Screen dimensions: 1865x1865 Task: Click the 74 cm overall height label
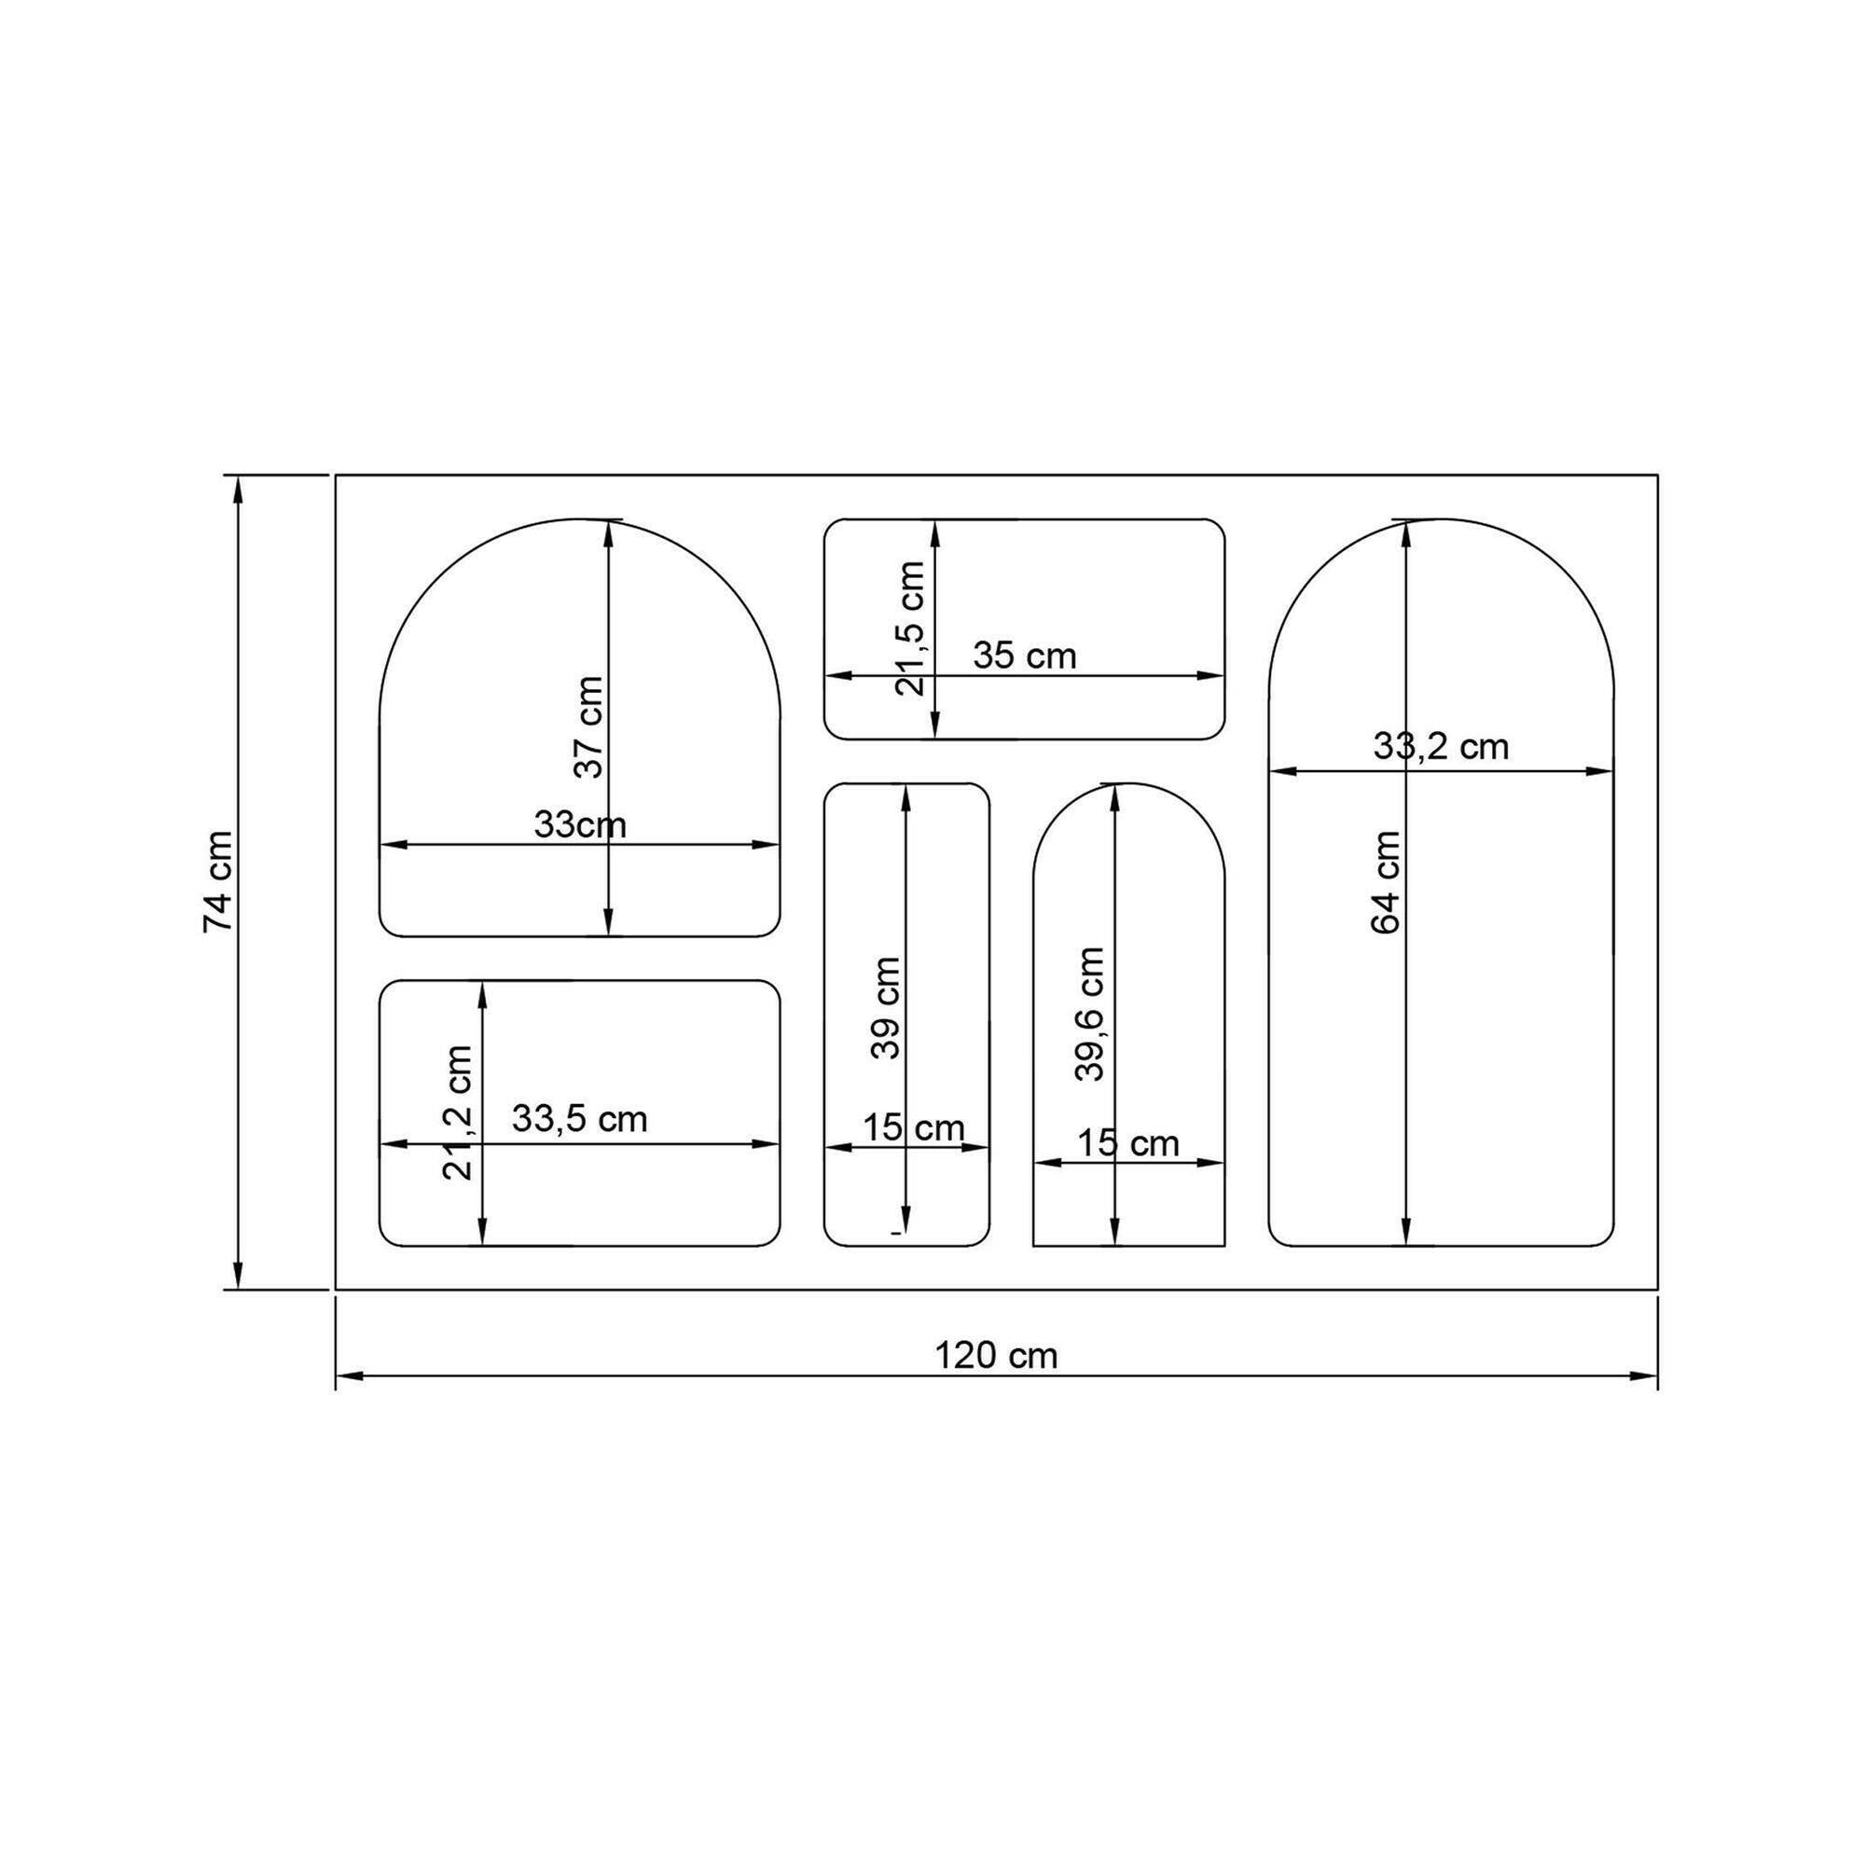[x=219, y=881]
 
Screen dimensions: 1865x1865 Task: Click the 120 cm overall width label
[x=996, y=1356]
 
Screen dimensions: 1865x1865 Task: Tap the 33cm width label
[x=580, y=825]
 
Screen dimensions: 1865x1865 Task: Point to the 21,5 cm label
[x=910, y=629]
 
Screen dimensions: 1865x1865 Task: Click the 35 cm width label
[x=1024, y=656]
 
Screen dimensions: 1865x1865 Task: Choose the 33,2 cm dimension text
[x=1441, y=746]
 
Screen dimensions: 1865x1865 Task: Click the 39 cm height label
[x=885, y=1008]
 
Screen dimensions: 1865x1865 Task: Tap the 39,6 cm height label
[x=1090, y=1014]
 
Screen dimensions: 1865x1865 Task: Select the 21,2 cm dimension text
[x=458, y=1113]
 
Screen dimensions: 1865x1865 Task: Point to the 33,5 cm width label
[x=579, y=1120]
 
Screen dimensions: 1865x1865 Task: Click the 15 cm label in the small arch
[x=1127, y=1144]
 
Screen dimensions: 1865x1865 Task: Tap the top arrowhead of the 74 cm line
[x=238, y=487]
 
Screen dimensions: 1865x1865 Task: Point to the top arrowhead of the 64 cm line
[x=1404, y=531]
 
